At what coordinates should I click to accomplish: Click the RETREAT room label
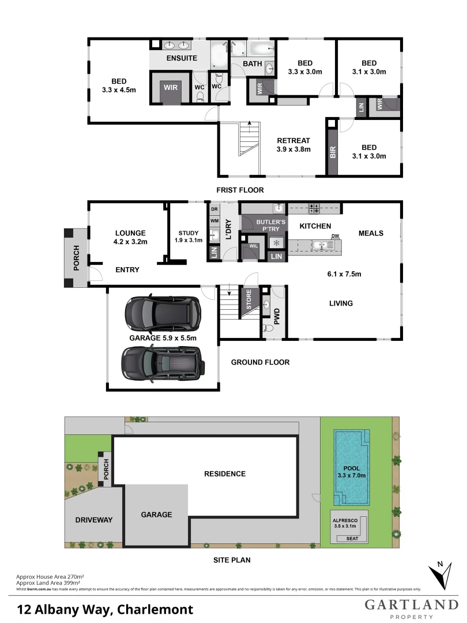point(293,140)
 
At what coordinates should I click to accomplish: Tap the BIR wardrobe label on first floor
point(332,152)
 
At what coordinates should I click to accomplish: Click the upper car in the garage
point(162,312)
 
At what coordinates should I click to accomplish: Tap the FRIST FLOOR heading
point(240,190)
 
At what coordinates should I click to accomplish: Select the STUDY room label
point(189,233)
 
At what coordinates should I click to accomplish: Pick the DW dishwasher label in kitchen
point(335,236)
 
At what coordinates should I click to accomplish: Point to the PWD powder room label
point(277,315)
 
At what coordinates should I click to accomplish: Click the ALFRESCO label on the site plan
point(346,520)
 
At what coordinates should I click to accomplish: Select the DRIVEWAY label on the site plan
point(94,520)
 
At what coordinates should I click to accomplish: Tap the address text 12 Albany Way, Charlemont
point(105,609)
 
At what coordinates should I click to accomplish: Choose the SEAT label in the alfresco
point(351,539)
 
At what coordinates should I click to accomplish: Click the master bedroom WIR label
point(171,87)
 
